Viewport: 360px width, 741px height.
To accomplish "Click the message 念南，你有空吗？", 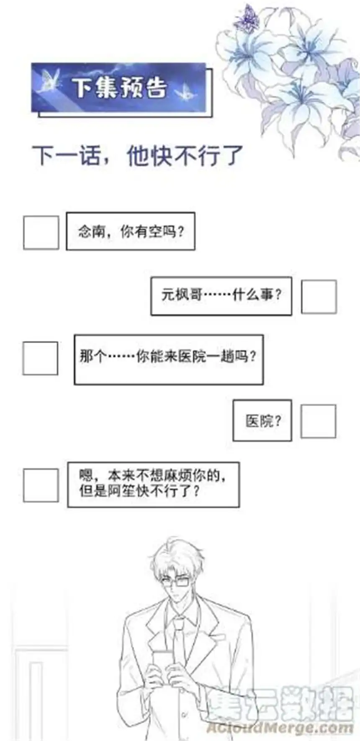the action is (x=131, y=231).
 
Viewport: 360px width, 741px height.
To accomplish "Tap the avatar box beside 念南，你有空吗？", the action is (x=41, y=233).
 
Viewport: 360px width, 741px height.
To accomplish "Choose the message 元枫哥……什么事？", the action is (x=221, y=295).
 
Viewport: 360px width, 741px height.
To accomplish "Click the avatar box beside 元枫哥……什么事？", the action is (x=319, y=297).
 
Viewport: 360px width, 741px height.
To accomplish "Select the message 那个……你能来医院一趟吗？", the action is (x=168, y=359).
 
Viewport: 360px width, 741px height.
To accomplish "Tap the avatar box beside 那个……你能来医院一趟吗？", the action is (x=40, y=358).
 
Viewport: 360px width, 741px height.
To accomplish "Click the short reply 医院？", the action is (x=262, y=420).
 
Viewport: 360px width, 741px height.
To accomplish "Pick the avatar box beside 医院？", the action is (x=318, y=421).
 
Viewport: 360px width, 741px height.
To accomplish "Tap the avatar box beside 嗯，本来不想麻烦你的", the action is (x=41, y=485).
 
